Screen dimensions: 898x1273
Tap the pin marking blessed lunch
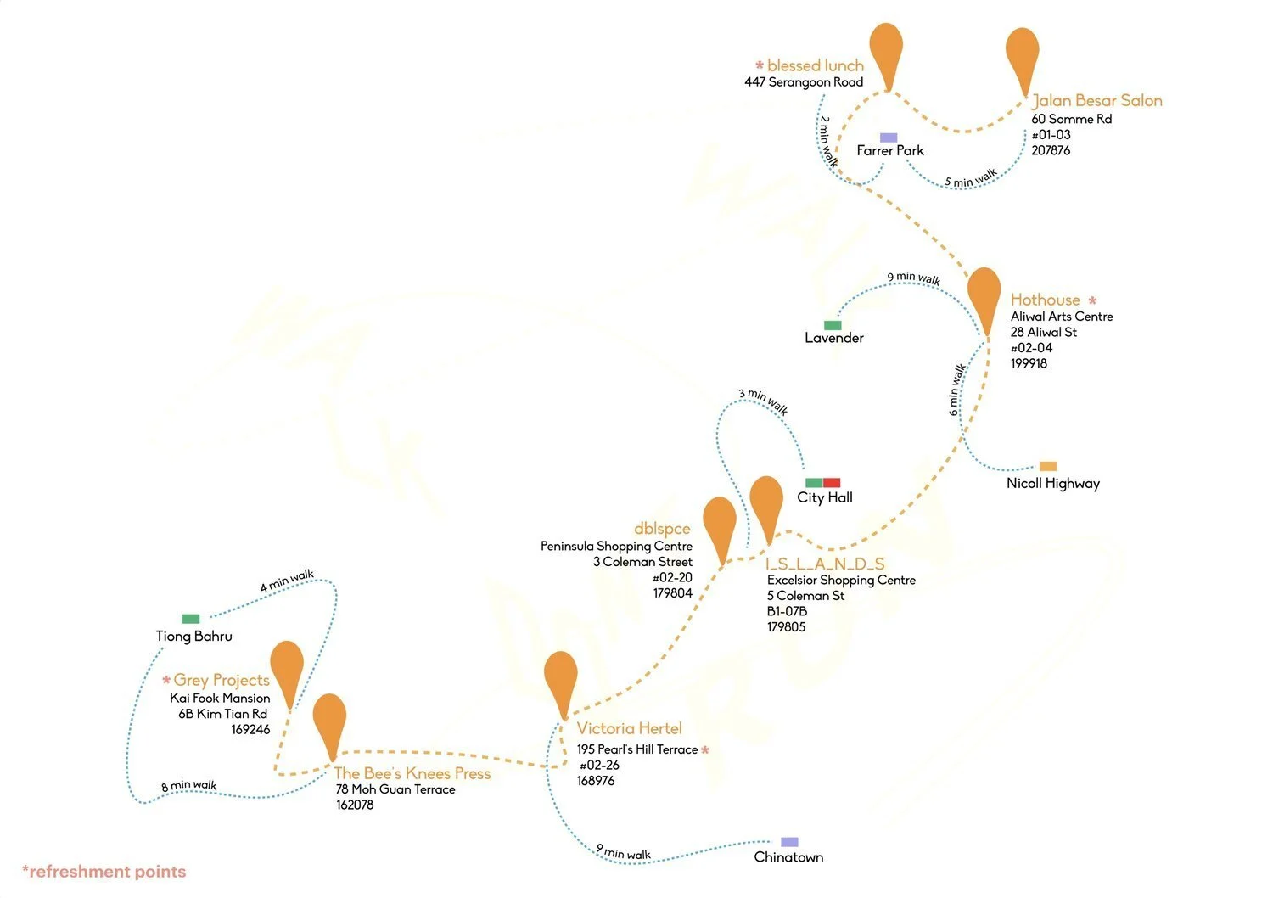pos(886,49)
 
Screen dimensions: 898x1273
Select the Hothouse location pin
pos(984,295)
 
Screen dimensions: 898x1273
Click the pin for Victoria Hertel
pos(561,678)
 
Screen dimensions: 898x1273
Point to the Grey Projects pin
pos(287,667)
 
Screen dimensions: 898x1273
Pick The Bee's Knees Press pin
pos(329,721)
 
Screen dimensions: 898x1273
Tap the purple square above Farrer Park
pos(889,138)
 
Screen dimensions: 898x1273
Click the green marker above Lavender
pos(833,325)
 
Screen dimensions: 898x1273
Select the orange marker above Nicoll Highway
pos(1048,466)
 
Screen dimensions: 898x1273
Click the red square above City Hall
pos(832,483)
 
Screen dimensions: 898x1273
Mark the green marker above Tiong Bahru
pos(191,619)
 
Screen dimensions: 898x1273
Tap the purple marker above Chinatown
pos(789,842)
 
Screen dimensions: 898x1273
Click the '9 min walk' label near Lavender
pos(913,278)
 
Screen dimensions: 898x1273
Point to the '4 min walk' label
pos(287,581)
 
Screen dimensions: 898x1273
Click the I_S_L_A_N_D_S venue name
pos(825,564)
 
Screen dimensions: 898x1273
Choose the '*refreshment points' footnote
pos(104,872)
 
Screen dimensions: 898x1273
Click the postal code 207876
pos(1051,150)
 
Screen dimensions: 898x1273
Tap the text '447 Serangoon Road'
pos(804,82)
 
